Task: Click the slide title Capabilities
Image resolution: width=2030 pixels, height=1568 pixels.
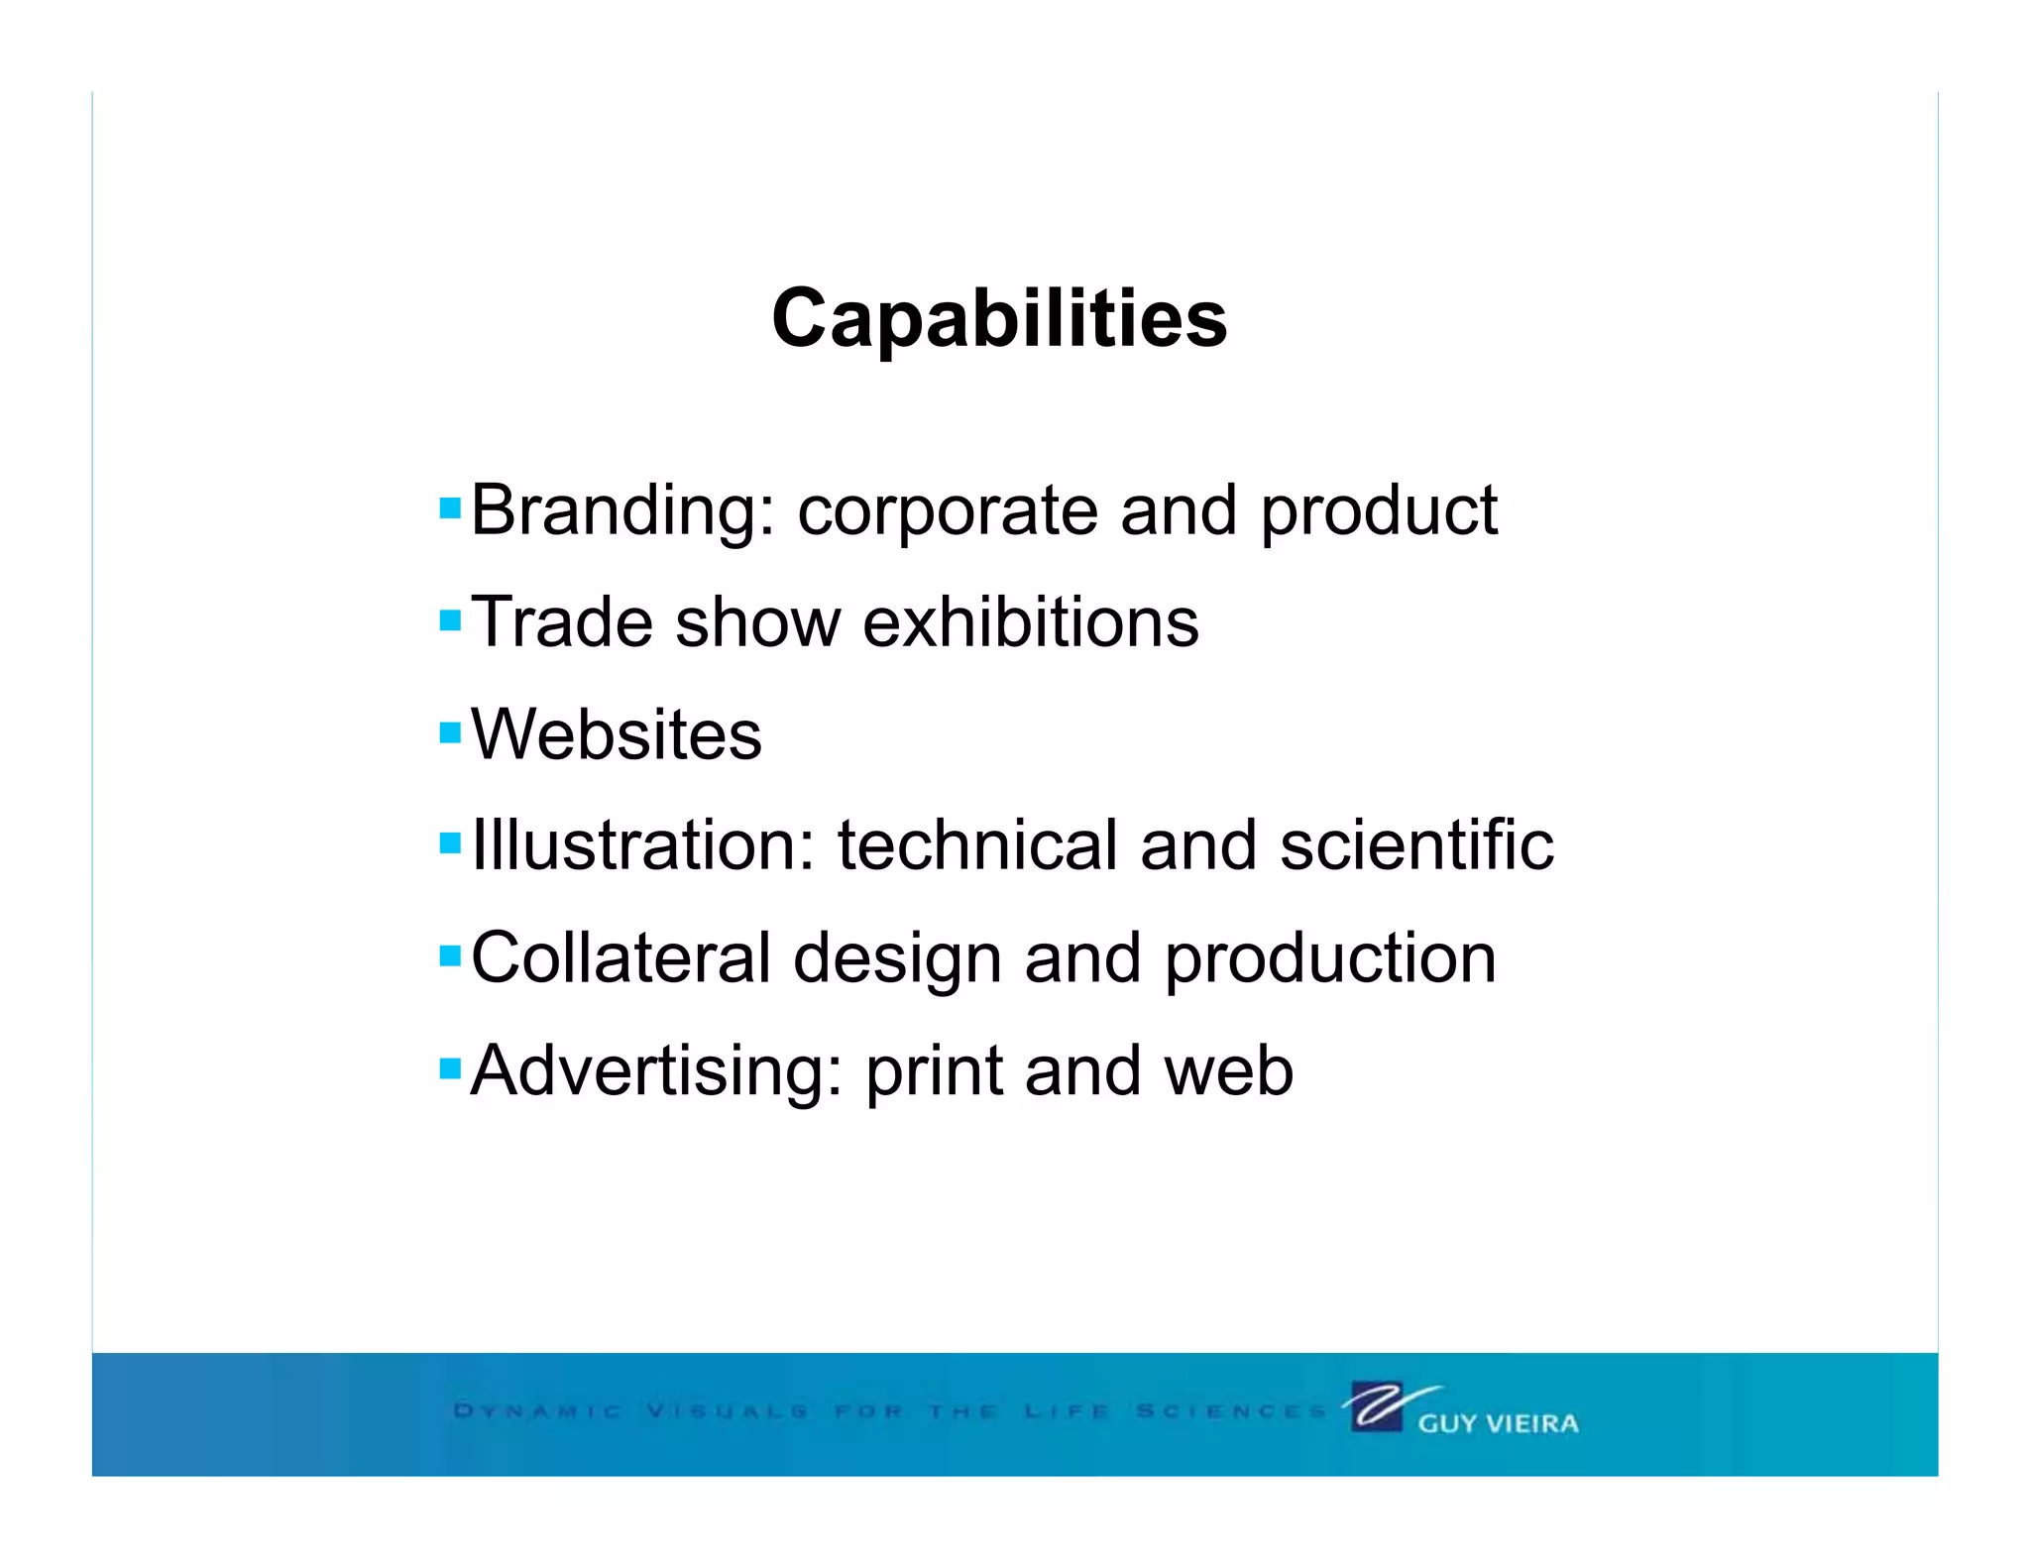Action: (x=999, y=319)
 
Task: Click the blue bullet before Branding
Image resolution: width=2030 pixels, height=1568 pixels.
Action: (x=450, y=508)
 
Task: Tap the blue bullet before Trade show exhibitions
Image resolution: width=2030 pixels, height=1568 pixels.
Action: (x=450, y=621)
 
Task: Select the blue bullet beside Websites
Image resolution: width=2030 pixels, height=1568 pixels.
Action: (x=450, y=733)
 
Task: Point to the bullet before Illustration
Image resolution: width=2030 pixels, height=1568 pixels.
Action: (x=450, y=844)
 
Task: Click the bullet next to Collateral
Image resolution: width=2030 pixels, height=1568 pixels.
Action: (x=450, y=956)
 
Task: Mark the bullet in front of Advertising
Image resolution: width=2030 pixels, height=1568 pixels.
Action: (x=450, y=1068)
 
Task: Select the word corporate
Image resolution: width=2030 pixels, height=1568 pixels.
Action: (x=947, y=511)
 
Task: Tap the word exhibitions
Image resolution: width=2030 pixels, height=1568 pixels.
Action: (x=1030, y=622)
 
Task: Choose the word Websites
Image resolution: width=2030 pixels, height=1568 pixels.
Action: (x=616, y=734)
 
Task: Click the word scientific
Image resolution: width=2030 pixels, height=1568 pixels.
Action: (x=1416, y=845)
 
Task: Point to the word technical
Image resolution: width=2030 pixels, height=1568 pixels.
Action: (x=977, y=845)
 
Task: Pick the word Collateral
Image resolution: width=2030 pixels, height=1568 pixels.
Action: (x=620, y=958)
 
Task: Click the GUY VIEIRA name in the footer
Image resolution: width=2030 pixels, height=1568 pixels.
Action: (x=1498, y=1423)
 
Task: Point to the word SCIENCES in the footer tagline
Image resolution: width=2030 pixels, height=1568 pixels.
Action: (x=1230, y=1410)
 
